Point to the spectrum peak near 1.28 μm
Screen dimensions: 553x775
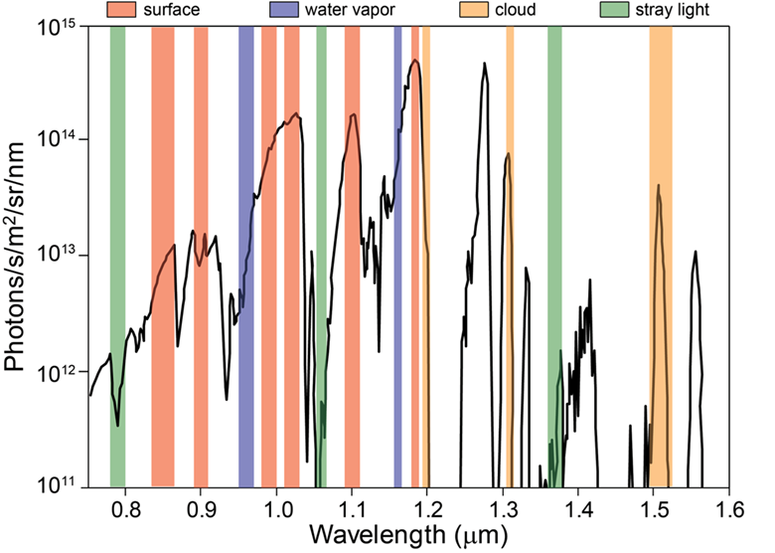click(x=485, y=65)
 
